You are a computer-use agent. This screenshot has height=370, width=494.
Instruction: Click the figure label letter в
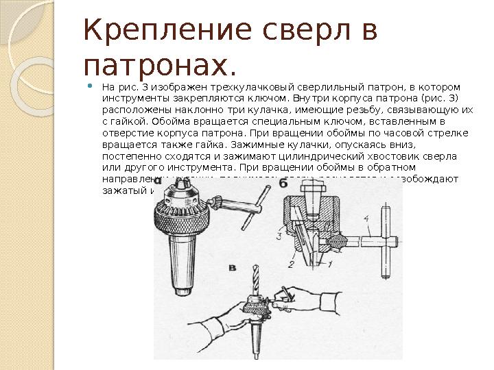pyautogui.click(x=233, y=266)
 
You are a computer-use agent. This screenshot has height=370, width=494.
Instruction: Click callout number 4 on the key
pyautogui.click(x=367, y=220)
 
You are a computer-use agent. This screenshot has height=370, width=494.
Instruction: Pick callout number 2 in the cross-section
pyautogui.click(x=291, y=263)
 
